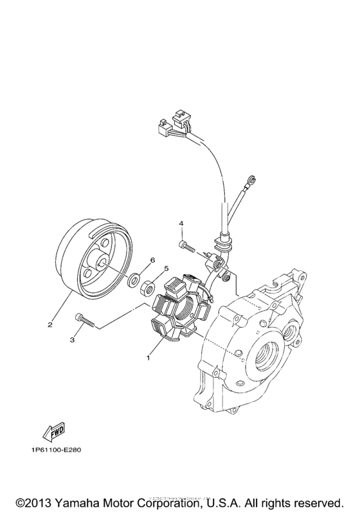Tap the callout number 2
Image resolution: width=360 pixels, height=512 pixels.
(50, 324)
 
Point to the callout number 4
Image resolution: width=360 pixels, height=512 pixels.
(181, 224)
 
